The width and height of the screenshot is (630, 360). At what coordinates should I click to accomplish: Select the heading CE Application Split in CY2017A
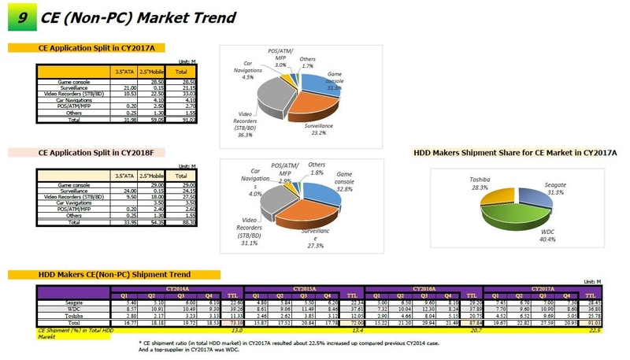click(96, 48)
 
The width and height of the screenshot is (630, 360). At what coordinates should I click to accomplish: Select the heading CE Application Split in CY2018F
click(96, 152)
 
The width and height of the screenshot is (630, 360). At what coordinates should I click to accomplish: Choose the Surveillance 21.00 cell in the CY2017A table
click(122, 87)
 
